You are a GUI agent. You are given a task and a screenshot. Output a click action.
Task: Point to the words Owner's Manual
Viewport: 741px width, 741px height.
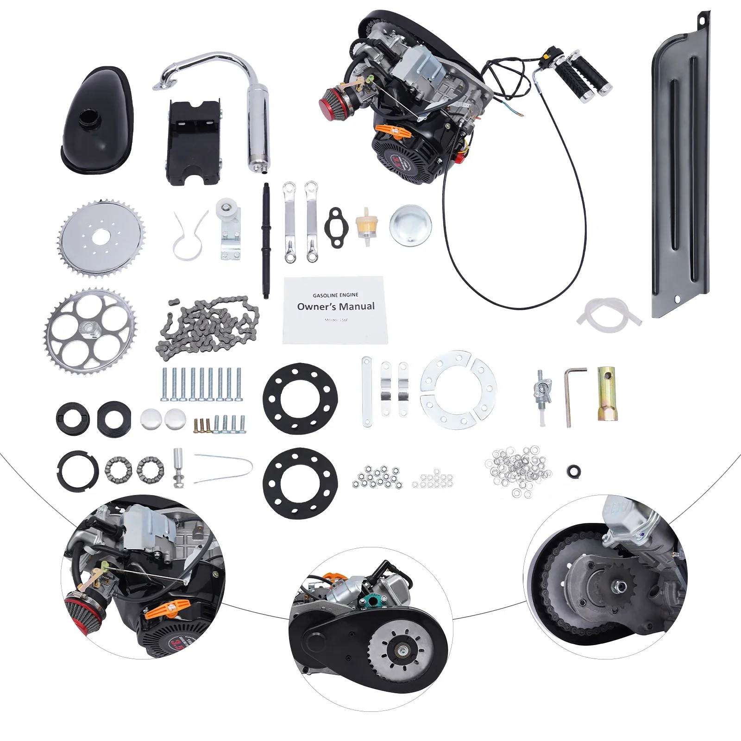pyautogui.click(x=336, y=306)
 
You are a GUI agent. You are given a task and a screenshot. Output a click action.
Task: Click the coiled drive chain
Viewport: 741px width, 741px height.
pyautogui.click(x=208, y=327)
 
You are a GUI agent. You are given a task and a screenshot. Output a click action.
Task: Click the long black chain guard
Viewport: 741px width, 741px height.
pyautogui.click(x=681, y=176)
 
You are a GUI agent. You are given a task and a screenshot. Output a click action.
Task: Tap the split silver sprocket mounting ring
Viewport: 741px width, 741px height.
pyautogui.click(x=458, y=389)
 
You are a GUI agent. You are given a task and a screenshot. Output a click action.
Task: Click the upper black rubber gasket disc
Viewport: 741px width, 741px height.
pyautogui.click(x=300, y=398)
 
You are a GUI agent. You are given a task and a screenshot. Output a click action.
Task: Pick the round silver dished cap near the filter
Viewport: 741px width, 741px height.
pyautogui.click(x=410, y=226)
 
